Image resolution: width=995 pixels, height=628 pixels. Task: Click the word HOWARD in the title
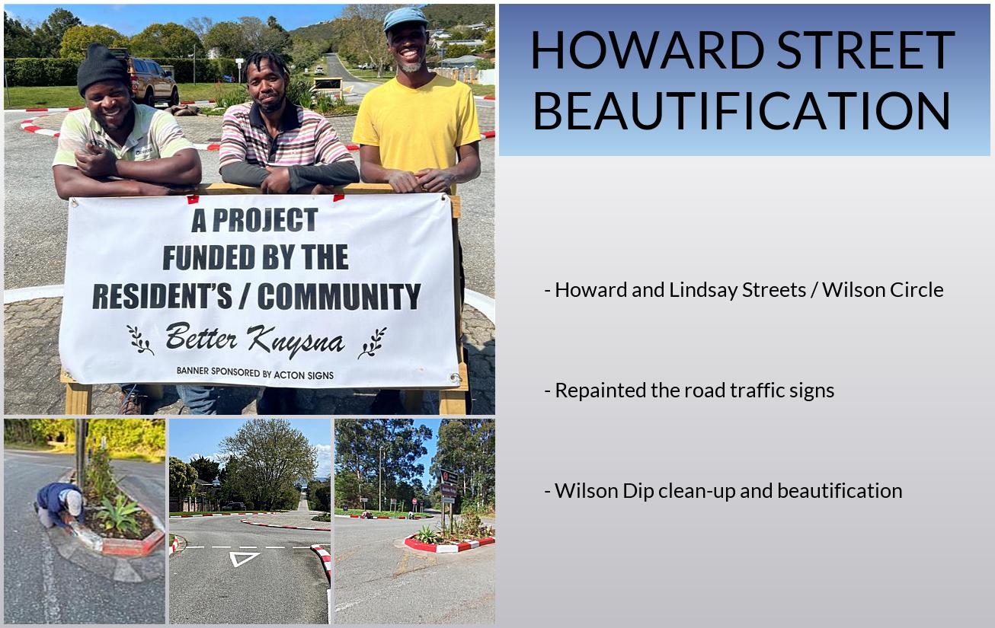(x=647, y=49)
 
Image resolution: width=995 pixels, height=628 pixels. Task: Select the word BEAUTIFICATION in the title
(x=742, y=111)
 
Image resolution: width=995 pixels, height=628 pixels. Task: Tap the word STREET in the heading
(x=865, y=49)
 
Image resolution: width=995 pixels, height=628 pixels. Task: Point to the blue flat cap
(x=405, y=18)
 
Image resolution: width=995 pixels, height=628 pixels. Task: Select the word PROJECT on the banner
(x=264, y=220)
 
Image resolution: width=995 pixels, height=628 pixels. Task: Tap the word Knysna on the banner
(x=296, y=341)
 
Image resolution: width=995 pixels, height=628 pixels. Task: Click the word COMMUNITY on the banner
(x=338, y=296)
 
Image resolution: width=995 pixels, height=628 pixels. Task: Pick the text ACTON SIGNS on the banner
(x=303, y=375)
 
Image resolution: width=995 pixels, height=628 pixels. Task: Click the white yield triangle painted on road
(x=244, y=558)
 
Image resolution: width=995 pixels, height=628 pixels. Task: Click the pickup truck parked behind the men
(x=151, y=81)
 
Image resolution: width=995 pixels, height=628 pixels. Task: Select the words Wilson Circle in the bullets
(x=882, y=290)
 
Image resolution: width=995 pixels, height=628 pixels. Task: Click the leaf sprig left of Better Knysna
(x=140, y=340)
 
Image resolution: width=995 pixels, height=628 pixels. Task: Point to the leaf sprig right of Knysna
(x=373, y=343)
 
